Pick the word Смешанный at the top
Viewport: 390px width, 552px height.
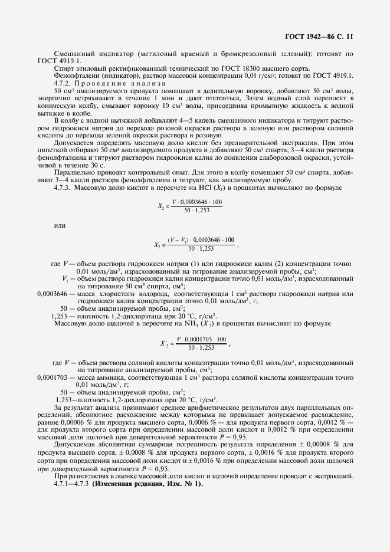[73, 54]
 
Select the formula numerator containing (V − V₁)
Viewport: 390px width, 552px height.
[201, 240]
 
